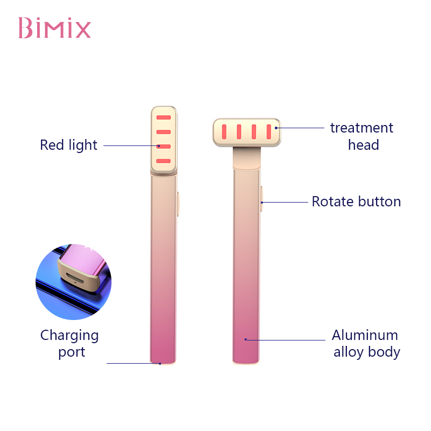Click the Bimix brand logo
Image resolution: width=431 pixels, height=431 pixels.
coord(54,28)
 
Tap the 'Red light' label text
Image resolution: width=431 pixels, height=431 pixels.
coord(68,145)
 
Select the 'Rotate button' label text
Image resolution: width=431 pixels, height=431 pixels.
coord(356,201)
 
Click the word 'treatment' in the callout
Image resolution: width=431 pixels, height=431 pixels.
coord(362,128)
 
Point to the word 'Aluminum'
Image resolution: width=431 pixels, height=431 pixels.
coord(365,335)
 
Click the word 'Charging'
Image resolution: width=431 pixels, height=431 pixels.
coord(69,336)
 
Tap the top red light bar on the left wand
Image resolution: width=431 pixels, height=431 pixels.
coord(164,117)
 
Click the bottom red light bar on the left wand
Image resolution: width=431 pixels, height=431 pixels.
coord(164,161)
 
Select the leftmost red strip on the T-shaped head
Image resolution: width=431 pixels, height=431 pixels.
coord(224,131)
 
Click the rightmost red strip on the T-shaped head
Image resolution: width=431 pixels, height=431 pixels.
coord(269,131)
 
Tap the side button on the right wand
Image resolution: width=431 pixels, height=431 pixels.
coord(262,199)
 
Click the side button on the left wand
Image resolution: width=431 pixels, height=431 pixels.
coord(178,204)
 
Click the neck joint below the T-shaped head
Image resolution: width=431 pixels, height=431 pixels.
coord(247,158)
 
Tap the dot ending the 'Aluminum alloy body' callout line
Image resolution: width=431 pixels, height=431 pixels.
coord(246,339)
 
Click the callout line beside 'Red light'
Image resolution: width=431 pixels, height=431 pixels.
coord(131,145)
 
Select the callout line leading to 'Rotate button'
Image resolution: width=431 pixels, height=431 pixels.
coord(284,203)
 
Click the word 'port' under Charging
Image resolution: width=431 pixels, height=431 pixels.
coord(72,352)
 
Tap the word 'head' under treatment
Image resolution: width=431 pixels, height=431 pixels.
coord(363,145)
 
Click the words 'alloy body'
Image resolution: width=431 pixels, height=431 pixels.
coord(367,352)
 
